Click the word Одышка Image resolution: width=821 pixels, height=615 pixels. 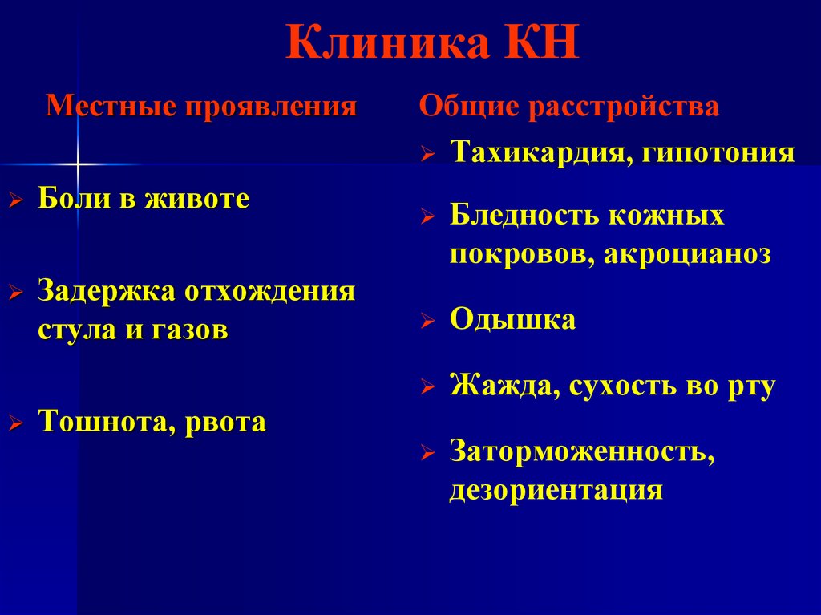pyautogui.click(x=512, y=319)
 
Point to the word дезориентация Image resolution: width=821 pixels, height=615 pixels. pyautogui.click(x=556, y=489)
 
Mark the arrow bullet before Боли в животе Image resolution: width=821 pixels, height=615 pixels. pyautogui.click(x=15, y=201)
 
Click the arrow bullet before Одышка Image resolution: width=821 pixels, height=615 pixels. pyautogui.click(x=428, y=322)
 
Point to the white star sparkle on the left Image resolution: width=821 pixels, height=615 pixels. pyautogui.click(x=78, y=164)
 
